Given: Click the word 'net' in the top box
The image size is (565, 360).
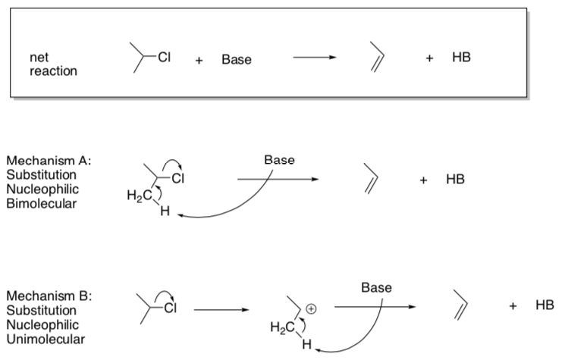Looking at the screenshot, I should point(37,57).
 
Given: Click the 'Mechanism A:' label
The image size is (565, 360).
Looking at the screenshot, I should point(49,161).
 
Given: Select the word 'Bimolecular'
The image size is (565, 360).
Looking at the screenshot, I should point(41,203).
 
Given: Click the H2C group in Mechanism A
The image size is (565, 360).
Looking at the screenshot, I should point(137,198).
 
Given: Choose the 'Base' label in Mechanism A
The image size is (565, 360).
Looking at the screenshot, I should point(280,161).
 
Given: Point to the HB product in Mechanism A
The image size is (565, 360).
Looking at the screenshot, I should point(455,180).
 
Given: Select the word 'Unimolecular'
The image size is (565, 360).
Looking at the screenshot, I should point(46,339).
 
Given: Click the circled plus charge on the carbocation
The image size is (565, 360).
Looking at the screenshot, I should point(311,308).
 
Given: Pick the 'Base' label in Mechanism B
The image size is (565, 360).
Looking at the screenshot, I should point(377,288).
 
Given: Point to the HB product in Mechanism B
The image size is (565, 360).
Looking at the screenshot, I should point(544,305).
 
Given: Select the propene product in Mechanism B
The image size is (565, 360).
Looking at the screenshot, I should point(462,304).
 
